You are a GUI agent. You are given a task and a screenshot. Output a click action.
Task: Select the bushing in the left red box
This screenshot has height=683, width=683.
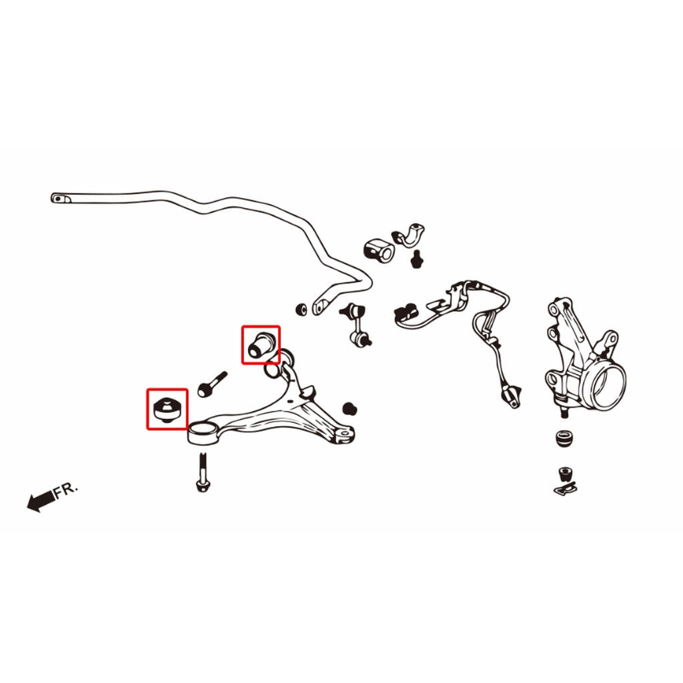167,409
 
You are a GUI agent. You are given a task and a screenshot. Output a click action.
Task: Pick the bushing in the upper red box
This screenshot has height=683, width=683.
261,344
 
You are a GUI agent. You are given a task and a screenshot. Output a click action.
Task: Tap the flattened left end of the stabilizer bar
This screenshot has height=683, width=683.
61,199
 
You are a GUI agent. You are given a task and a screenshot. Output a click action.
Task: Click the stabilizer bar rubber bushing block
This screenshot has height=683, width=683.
379,251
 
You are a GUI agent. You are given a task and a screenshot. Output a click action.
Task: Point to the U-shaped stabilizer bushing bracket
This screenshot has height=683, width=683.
409,235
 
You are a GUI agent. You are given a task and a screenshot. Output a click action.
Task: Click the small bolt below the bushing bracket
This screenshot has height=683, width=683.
417,259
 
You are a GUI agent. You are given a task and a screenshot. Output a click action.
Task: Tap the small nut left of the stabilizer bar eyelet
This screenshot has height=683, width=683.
301,309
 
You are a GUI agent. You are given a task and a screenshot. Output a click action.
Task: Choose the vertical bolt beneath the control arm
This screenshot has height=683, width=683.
202,473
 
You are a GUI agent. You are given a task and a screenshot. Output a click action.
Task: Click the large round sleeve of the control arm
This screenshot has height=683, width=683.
203,433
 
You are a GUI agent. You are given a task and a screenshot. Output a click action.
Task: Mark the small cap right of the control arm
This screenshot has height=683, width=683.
350,409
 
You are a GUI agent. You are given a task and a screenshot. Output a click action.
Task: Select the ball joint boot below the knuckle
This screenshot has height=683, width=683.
566,439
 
